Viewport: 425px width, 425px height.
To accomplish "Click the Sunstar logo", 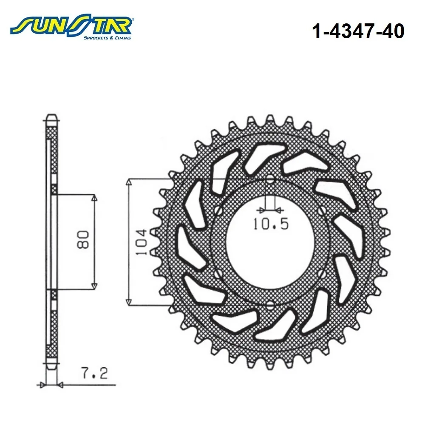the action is coord(71,28).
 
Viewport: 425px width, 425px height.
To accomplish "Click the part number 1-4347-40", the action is coord(358,31).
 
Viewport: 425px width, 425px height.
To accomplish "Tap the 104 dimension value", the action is coord(141,242).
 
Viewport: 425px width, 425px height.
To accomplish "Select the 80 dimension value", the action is coord(83,240).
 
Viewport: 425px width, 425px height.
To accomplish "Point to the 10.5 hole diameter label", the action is coord(271,224).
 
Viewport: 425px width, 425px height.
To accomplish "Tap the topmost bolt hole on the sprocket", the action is coord(270,179).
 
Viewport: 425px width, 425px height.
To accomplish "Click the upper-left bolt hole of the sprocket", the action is coord(218,211).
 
